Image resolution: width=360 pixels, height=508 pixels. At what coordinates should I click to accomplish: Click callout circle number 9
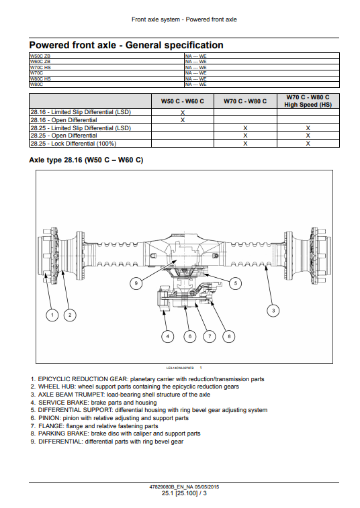136,283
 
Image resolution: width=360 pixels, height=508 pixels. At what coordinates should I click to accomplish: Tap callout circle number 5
236,283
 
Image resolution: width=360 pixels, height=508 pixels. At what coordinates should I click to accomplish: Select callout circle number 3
273,311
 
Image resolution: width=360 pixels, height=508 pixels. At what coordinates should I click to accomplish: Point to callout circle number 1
52,315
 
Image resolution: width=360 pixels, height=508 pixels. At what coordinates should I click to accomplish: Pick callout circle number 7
210,336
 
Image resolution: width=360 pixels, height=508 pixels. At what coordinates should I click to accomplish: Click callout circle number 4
167,336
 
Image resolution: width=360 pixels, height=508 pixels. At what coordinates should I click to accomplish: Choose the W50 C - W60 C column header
183,101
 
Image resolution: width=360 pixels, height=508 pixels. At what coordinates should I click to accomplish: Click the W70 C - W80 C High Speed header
308,101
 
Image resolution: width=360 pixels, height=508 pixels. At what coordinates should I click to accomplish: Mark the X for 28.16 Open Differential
183,120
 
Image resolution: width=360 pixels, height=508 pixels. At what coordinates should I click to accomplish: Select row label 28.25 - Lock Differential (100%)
73,144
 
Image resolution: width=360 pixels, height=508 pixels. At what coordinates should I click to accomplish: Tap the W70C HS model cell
40,67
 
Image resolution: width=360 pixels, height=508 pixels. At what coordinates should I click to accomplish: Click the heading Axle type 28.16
86,160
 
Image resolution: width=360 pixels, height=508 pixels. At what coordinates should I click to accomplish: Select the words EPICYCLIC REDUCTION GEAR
83,379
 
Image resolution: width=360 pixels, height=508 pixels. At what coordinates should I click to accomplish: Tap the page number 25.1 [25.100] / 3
184,493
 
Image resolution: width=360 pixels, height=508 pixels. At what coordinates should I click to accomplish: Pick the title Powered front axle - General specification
126,45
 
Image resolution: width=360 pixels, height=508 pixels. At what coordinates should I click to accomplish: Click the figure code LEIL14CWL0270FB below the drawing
180,368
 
